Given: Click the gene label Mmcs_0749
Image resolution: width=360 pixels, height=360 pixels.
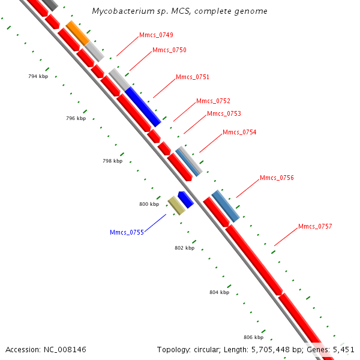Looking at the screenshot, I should tap(156, 35).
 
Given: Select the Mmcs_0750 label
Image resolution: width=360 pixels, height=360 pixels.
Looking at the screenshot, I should tap(169, 50).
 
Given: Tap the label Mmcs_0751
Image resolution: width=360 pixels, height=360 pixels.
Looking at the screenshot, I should tap(193, 77).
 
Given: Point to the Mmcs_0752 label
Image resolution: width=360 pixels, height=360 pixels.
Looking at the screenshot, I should tap(213, 101).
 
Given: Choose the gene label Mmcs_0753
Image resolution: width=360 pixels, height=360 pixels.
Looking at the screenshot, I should tap(224, 113).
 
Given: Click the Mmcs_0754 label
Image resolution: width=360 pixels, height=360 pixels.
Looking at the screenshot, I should tap(239, 133).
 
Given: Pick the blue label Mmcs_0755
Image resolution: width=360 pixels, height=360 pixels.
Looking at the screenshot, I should tap(127, 232).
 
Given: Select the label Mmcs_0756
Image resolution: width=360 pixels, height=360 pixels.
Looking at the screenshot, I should tap(277, 178).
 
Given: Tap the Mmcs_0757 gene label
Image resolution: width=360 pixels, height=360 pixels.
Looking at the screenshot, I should tap(315, 226).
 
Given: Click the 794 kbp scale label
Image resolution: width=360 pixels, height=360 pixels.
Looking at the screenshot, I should tap(38, 77).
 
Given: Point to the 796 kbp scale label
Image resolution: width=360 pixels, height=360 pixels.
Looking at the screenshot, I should tap(76, 119).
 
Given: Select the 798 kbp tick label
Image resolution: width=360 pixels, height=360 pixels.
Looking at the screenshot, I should tap(112, 161).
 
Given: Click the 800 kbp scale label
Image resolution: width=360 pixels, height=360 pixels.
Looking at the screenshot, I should tap(149, 204).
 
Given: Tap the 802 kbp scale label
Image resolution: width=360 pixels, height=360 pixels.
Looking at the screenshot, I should tap(184, 248).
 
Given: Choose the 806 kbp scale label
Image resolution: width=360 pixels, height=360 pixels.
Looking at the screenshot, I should tap(253, 337).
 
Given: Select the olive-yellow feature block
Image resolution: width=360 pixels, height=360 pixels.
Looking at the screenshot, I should tap(176, 205).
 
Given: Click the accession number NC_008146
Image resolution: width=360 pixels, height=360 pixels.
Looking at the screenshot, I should tap(66, 349).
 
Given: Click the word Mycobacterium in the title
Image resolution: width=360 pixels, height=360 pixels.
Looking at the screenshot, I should tap(119, 11).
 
